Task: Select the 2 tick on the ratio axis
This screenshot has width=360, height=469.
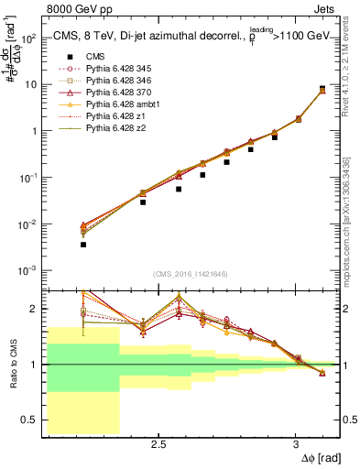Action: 34,309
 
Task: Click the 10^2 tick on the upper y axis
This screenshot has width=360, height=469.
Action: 27,38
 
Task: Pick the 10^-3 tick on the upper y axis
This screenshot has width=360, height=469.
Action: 27,270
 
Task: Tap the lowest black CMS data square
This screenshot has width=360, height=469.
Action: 83,245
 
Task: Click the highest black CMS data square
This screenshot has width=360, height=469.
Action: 322,89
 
